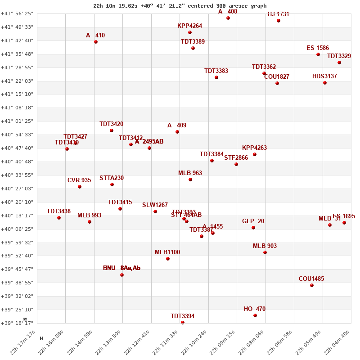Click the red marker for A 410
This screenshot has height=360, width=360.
point(96,42)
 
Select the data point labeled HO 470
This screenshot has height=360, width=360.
point(255,315)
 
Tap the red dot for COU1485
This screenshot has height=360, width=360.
point(312,285)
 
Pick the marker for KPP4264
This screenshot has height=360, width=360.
point(190,32)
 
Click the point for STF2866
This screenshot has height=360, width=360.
point(236,164)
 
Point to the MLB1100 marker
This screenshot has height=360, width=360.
point(168,259)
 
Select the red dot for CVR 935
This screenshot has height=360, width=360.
point(80,187)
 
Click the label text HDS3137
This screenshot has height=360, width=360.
point(324,76)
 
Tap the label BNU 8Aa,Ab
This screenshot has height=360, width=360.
point(121,268)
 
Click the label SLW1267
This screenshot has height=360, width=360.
point(155,205)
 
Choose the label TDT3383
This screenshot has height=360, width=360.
point(216,71)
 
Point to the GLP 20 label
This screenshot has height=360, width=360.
point(253,221)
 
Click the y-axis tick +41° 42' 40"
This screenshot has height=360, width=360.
point(17,40)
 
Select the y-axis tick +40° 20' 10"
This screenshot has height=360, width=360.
point(17,202)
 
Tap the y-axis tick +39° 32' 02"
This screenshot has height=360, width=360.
point(17,296)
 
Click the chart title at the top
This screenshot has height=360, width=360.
point(180,6)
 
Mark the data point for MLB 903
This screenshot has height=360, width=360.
point(265,252)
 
